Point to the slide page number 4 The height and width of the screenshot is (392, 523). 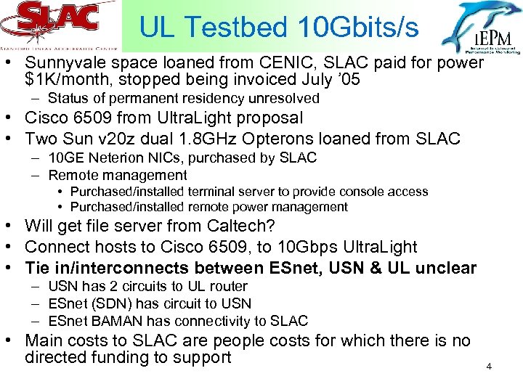[x=489, y=367]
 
